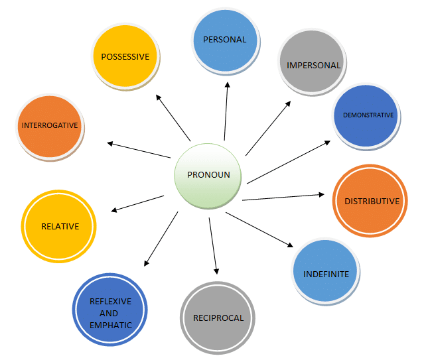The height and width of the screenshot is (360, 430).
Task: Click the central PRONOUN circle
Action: pyautogui.click(x=209, y=175)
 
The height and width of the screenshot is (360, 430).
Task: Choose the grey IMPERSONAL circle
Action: pyautogui.click(x=313, y=65)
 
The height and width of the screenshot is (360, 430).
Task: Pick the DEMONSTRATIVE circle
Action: pyautogui.click(x=368, y=115)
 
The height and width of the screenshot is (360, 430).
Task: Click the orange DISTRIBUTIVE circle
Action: pyautogui.click(x=370, y=201)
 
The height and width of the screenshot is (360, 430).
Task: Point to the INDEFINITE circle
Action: pyautogui.click(x=326, y=272)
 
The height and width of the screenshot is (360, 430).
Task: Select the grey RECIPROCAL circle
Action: pyautogui.click(x=218, y=318)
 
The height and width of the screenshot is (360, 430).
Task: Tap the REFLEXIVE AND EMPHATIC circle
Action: pyautogui.click(x=110, y=313)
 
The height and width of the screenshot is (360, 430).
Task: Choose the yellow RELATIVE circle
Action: pyautogui.click(x=60, y=226)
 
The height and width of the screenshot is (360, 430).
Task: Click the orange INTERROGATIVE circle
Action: pyautogui.click(x=50, y=125)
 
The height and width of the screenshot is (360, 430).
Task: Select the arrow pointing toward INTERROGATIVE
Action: pyautogui.click(x=139, y=150)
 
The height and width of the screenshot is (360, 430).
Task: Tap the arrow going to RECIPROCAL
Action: pyautogui.click(x=213, y=245)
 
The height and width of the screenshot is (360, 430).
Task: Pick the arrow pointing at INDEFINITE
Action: pyautogui.click(x=259, y=230)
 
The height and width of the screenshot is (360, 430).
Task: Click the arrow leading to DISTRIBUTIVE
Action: pyautogui.click(x=283, y=197)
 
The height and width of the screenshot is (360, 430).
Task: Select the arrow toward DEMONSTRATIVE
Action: pyautogui.click(x=289, y=162)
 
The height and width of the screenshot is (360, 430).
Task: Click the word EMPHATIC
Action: pyautogui.click(x=110, y=325)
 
